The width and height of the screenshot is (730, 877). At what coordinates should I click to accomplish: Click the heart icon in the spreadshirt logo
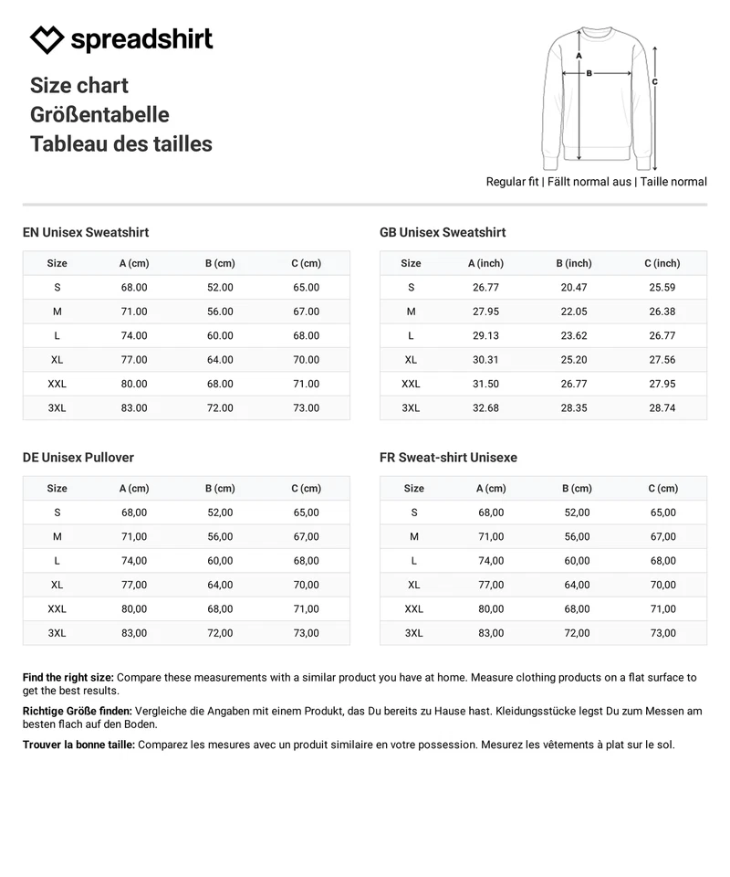(47, 40)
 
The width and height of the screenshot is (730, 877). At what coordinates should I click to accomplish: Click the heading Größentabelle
(99, 114)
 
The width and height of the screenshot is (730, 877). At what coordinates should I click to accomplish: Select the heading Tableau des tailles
(120, 143)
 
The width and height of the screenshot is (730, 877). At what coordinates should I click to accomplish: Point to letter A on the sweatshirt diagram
(579, 55)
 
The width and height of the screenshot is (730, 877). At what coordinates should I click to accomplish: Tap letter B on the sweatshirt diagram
(589, 73)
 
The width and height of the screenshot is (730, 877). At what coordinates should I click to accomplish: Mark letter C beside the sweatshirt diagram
(655, 81)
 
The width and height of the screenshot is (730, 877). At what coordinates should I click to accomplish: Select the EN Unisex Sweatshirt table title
(86, 232)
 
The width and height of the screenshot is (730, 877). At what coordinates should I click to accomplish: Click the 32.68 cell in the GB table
(485, 407)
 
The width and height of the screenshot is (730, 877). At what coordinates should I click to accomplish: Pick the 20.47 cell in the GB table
(574, 287)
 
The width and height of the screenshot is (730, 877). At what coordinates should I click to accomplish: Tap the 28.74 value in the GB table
(662, 407)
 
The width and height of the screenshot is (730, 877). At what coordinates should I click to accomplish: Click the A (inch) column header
(485, 263)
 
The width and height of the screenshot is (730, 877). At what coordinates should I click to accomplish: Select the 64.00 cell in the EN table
(220, 360)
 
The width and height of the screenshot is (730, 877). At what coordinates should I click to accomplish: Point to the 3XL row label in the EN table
(57, 407)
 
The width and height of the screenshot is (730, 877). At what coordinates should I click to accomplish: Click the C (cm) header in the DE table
(306, 488)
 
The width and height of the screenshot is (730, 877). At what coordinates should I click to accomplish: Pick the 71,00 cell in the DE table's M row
(134, 536)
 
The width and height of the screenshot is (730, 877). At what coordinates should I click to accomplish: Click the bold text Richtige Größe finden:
(77, 711)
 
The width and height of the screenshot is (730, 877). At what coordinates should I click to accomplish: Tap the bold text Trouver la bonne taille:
(78, 745)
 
